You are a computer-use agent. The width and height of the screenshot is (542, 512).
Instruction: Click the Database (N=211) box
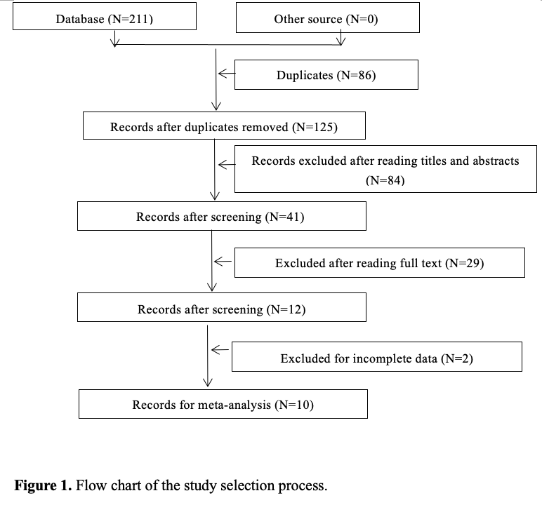(x=105, y=19)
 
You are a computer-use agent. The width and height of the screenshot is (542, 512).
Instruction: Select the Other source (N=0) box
(x=327, y=19)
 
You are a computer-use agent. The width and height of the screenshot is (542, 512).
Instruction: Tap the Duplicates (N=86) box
(x=326, y=75)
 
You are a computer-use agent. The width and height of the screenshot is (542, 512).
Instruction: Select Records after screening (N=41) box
(x=221, y=217)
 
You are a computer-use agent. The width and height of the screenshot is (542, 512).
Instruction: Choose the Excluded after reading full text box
(x=379, y=263)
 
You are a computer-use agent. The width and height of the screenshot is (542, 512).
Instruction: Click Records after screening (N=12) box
(x=221, y=309)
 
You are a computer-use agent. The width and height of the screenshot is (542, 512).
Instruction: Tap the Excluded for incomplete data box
(x=376, y=358)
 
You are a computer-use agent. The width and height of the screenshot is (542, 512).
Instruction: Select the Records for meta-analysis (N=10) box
(x=223, y=405)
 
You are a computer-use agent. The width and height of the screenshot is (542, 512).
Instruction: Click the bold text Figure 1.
(x=43, y=485)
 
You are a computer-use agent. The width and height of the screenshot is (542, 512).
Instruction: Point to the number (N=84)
(x=385, y=180)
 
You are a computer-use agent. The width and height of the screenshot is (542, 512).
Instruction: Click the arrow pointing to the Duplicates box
(x=225, y=74)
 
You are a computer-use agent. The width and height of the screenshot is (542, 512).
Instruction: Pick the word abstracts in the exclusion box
(x=491, y=161)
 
